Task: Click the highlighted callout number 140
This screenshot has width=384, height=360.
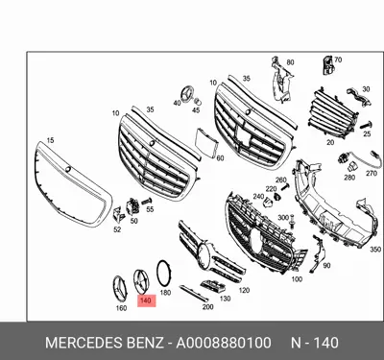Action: (x=145, y=300)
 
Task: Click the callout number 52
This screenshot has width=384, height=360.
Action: (x=116, y=230)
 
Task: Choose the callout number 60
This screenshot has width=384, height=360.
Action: (x=220, y=158)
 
